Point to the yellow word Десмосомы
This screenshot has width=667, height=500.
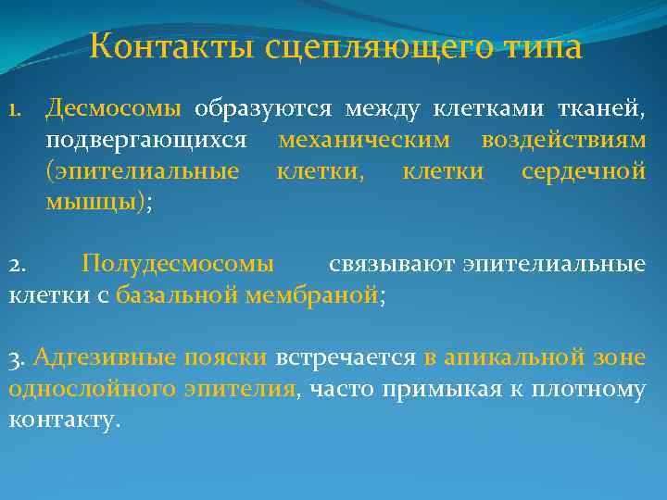[x=114, y=109]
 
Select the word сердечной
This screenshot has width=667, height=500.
[x=583, y=171]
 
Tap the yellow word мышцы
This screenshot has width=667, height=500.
[x=90, y=203]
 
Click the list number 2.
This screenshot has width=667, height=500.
[x=18, y=265]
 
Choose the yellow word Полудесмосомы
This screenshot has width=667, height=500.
[x=178, y=264]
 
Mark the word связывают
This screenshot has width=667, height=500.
[x=390, y=264]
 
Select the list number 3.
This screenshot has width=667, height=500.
[x=18, y=358]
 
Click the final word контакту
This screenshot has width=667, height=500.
[x=63, y=420]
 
